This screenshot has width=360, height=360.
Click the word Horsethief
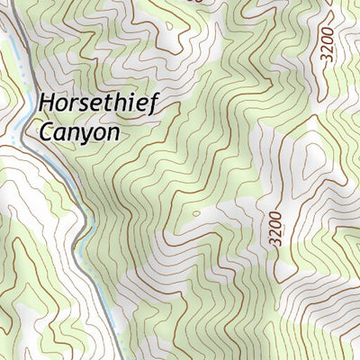click(98, 104)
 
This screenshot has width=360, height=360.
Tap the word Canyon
click(78, 132)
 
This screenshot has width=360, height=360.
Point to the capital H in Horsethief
click(46, 103)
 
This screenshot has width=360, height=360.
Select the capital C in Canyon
click(46, 131)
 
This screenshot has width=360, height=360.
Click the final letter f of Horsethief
click(153, 104)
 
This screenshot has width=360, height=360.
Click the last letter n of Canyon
click(112, 133)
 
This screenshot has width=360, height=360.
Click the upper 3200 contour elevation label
click(327, 44)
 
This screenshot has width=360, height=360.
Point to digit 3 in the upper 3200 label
click(327, 58)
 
